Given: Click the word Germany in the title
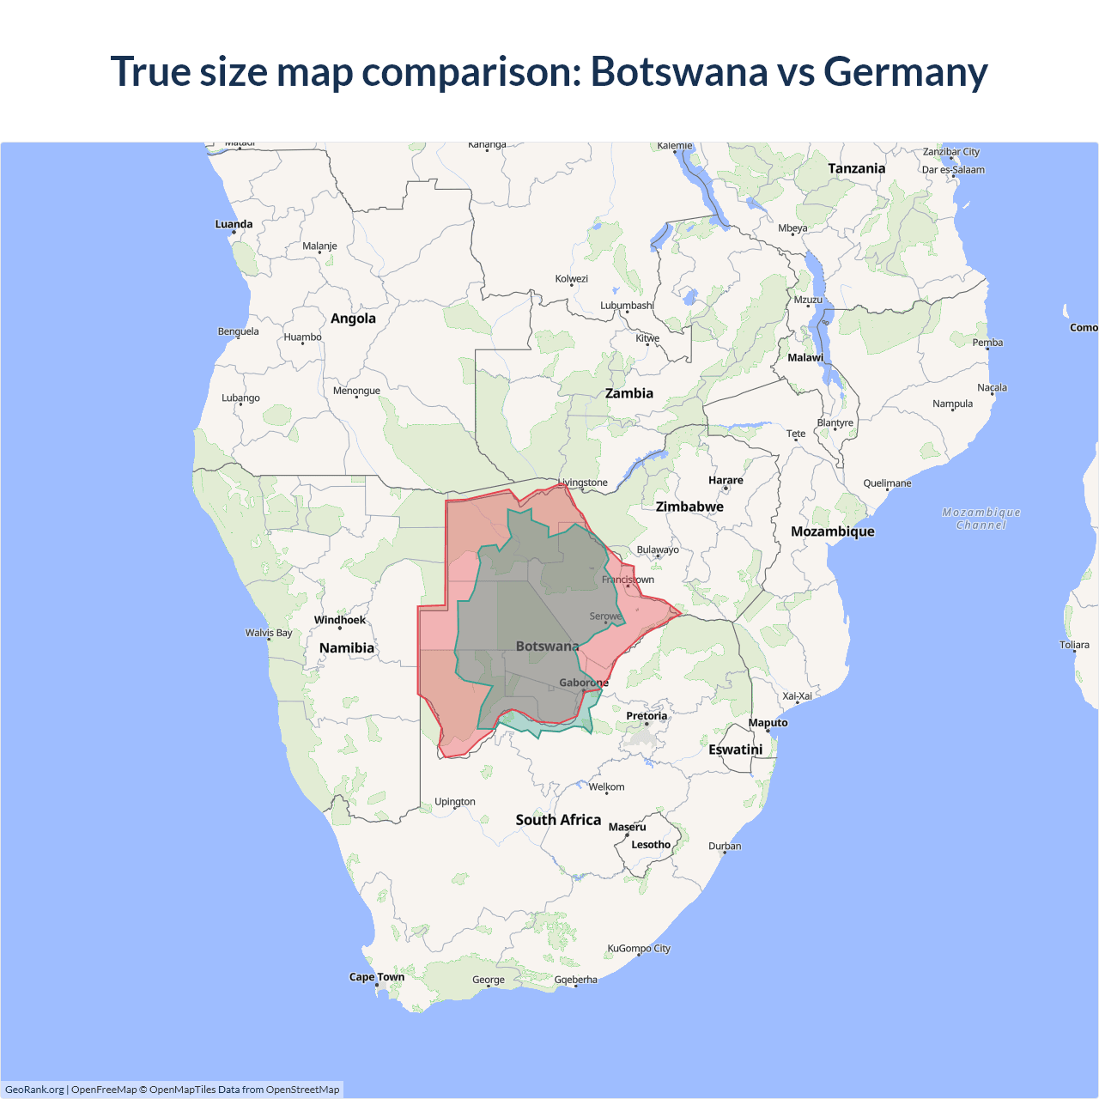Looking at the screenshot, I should (x=905, y=72).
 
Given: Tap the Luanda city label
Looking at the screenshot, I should (x=234, y=224).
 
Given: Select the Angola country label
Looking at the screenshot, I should (x=353, y=319).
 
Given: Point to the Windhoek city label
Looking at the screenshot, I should (x=339, y=620).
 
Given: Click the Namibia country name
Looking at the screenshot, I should (x=347, y=648).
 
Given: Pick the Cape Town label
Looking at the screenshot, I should (x=376, y=977).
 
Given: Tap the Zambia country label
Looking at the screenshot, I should (x=628, y=393).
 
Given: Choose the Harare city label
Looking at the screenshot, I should (x=726, y=481).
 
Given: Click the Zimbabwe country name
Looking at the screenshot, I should (x=689, y=507).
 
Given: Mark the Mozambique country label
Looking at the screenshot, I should (x=832, y=531).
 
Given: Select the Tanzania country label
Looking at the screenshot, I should (x=856, y=168).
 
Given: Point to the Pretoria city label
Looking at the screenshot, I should (x=647, y=716).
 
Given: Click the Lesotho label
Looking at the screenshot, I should (x=651, y=845).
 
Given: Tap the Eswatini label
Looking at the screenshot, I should (x=735, y=750).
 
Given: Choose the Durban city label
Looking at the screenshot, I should (x=725, y=847).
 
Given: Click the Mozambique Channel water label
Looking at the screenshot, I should (x=981, y=519).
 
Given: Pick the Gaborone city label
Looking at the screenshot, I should (x=584, y=683).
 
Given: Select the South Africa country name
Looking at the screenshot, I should (x=558, y=820).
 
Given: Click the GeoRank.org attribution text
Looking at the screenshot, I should (x=34, y=1090).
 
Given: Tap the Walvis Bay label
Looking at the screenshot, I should (x=269, y=633).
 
